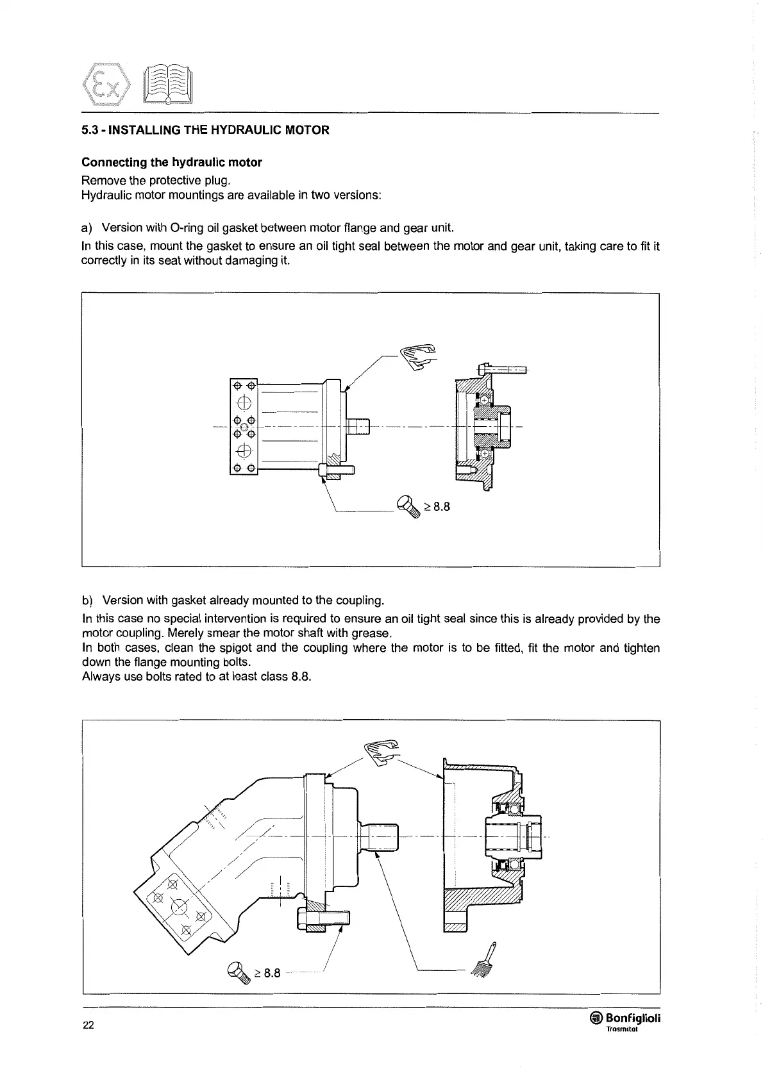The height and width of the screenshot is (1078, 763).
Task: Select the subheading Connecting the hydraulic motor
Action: coord(172,162)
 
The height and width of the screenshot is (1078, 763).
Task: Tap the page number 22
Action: coord(88,1025)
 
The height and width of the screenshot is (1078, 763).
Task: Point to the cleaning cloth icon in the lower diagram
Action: coord(383,751)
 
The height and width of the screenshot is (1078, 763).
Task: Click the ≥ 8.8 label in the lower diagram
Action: coord(267,973)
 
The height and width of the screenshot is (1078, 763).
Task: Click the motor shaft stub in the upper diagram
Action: coord(359,426)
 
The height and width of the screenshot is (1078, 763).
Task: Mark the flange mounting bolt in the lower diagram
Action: coord(323,919)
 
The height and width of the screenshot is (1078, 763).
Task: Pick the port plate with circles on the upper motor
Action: coord(243,427)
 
